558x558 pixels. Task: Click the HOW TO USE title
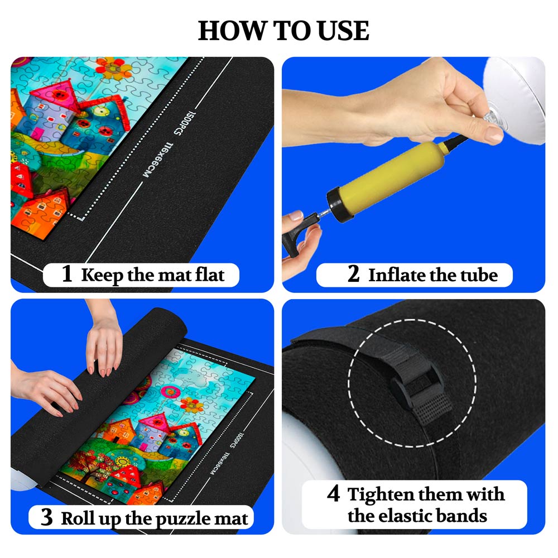[x=283, y=31]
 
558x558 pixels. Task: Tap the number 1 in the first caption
[x=67, y=275]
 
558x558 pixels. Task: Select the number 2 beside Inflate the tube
[x=353, y=275]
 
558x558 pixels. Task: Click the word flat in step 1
[x=209, y=275]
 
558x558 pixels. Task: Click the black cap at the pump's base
[x=337, y=204]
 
